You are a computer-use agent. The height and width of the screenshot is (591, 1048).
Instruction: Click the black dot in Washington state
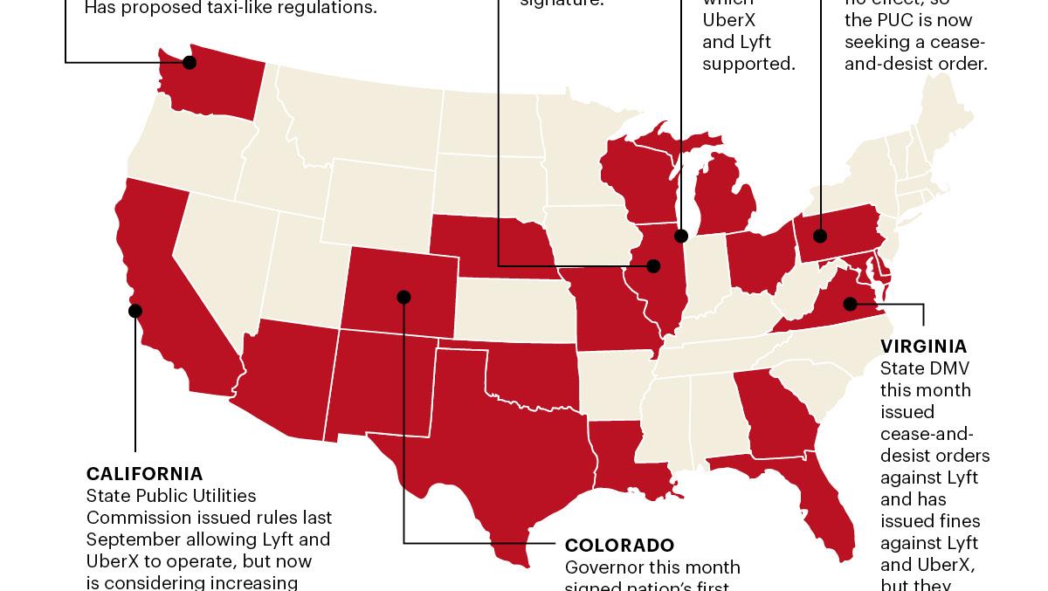click(190, 62)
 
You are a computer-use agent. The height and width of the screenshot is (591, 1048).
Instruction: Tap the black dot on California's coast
click(135, 310)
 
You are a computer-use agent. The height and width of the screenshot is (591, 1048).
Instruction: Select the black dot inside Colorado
click(403, 297)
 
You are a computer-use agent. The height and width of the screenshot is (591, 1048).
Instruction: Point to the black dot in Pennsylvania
click(820, 235)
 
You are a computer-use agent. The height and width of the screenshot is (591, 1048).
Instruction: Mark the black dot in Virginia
click(850, 304)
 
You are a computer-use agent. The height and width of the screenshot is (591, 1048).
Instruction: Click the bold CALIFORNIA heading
click(144, 474)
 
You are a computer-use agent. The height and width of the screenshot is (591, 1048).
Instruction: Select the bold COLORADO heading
click(619, 546)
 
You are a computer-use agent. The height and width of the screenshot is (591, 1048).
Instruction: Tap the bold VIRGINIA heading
click(923, 347)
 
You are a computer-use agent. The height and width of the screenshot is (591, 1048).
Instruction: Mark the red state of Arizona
click(288, 375)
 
